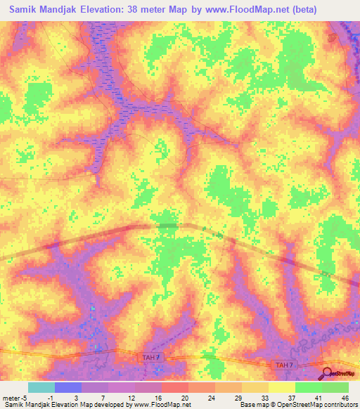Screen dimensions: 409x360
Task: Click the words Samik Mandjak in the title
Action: pos(42,10)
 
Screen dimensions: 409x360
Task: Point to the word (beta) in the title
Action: pos(304,10)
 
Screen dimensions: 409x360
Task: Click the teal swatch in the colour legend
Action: pos(41,387)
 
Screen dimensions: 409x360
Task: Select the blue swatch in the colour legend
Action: pos(68,387)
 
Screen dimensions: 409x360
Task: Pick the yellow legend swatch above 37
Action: pos(282,387)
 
